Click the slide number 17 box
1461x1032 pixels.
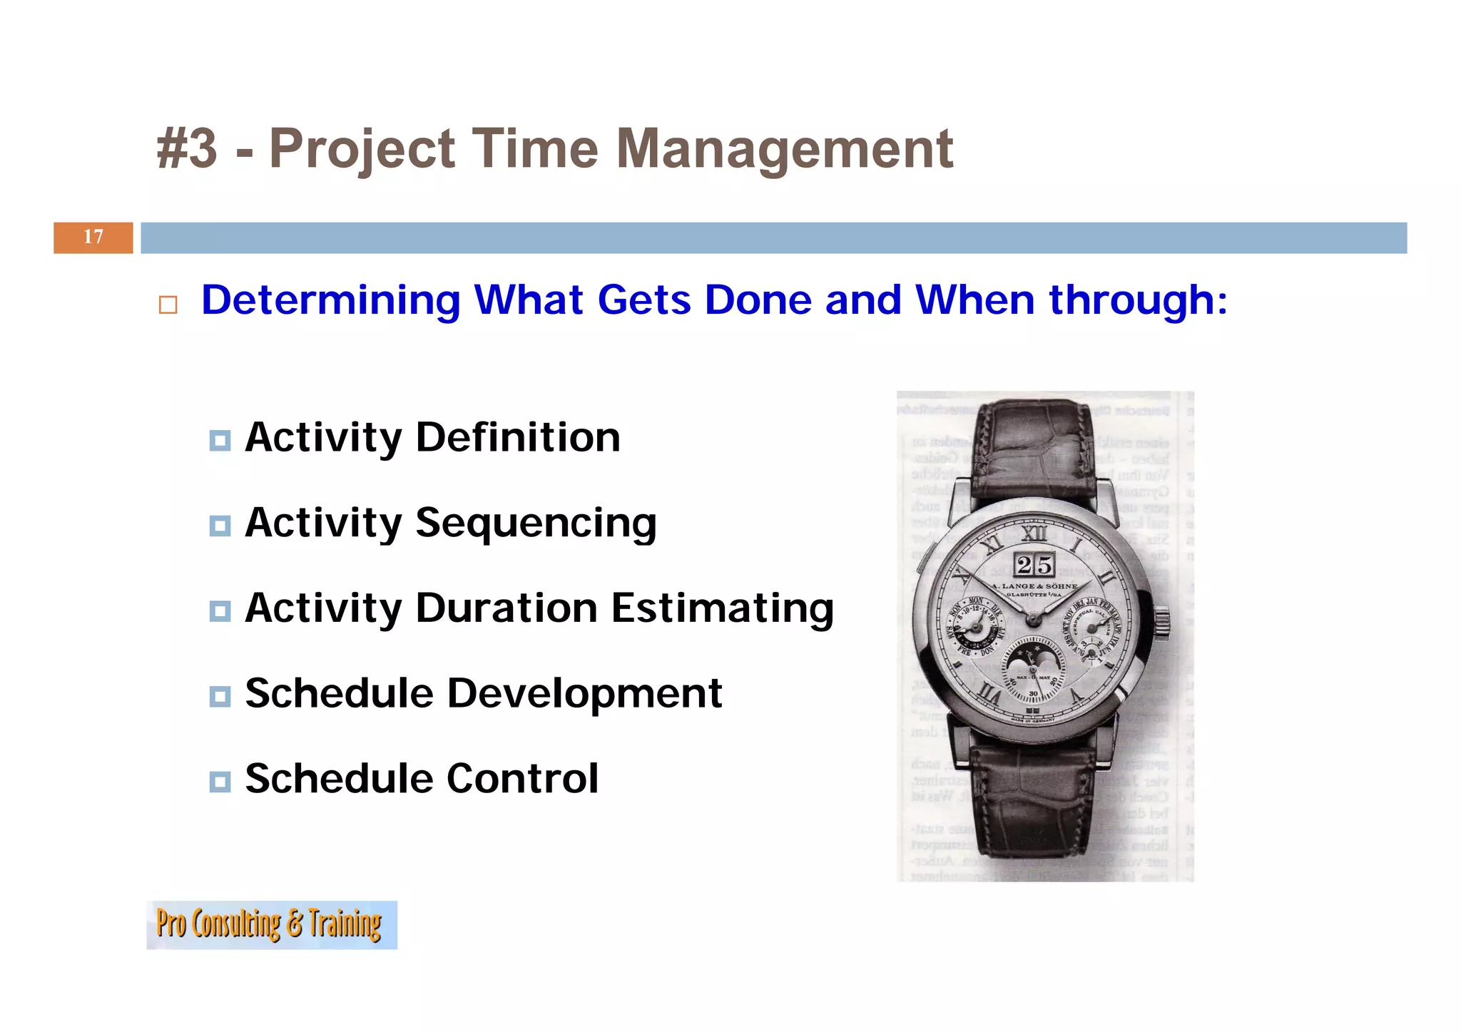pos(93,237)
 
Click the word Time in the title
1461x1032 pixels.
pos(535,149)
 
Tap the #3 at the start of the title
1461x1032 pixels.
pos(187,149)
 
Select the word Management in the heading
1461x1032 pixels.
pos(784,149)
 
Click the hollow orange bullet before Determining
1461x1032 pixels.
pos(168,305)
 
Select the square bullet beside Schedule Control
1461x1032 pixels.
pos(220,782)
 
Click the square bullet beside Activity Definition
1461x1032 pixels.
pos(220,440)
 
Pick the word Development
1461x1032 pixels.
pos(584,693)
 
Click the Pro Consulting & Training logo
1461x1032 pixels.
pos(271,924)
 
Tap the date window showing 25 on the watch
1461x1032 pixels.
pos(1034,566)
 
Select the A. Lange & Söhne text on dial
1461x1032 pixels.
pos(1035,586)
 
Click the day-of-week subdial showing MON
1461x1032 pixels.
pos(977,626)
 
